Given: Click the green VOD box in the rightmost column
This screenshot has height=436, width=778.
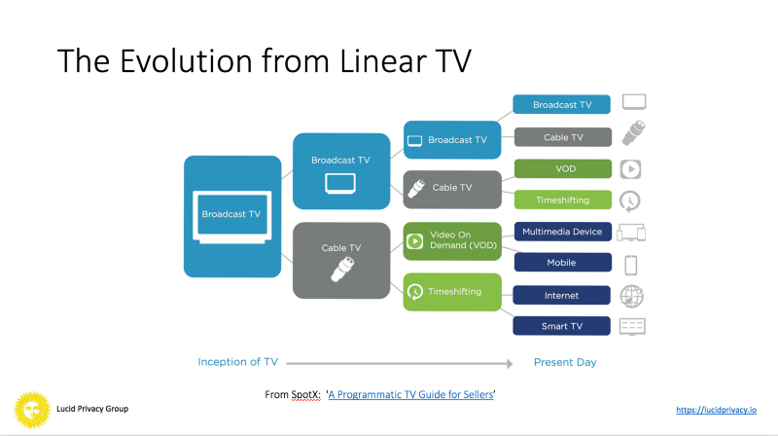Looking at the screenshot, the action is coord(563,168).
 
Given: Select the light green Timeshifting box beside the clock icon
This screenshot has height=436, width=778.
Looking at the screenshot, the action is coord(563,200).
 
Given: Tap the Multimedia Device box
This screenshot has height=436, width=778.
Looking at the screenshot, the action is coord(562,232).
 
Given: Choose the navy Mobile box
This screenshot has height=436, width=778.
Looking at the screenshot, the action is coord(562,262).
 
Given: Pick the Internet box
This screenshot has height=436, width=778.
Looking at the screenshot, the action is coord(562,296).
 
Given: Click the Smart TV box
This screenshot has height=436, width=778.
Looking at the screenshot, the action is coord(562,326).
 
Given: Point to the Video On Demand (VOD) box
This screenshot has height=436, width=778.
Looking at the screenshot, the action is coord(452,241).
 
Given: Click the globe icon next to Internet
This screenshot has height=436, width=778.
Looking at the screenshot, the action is coord(631,297).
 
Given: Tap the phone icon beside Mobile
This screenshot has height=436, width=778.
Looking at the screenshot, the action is coord(630,265).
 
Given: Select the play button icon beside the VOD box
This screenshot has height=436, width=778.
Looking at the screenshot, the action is coord(630,169).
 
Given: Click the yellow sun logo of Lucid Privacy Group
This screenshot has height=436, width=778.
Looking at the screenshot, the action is coord(32,410).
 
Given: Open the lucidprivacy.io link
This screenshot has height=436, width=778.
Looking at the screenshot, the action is coord(716,410).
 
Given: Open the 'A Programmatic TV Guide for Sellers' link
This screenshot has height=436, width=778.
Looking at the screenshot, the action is coord(410,394).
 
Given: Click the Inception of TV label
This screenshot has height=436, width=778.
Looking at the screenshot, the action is coord(237,362).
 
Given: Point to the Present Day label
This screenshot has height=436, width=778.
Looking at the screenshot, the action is coord(565,362).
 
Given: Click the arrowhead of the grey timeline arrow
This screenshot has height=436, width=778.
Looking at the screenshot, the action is coord(510,364).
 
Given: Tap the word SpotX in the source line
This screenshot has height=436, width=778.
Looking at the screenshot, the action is coord(306,395).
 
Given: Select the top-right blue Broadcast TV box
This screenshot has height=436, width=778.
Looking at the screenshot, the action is coord(562,104).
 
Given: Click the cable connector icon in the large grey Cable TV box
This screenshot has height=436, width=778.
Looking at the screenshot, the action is coord(342,270).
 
